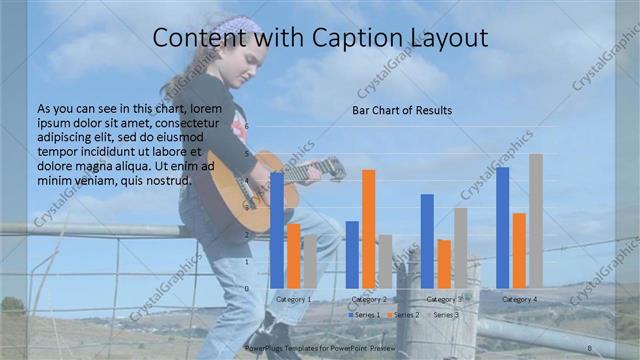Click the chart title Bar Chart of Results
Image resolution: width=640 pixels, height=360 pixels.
(x=401, y=110)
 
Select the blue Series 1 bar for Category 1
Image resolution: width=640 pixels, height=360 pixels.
(x=277, y=229)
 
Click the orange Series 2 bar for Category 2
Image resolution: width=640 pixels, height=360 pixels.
(x=369, y=228)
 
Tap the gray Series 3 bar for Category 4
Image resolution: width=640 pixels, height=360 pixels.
(x=536, y=220)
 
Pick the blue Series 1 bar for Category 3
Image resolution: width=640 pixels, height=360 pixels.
(x=427, y=240)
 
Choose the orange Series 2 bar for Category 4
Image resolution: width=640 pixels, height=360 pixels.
(x=519, y=250)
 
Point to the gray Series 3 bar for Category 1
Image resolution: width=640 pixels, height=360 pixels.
(x=310, y=261)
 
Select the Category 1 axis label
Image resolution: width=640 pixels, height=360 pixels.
(x=294, y=299)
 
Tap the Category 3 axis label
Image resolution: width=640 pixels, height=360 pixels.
(x=444, y=299)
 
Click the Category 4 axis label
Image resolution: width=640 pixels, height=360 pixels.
(x=519, y=299)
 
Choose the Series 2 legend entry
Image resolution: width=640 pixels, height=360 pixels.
(x=404, y=315)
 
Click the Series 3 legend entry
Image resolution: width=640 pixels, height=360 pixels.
(x=444, y=315)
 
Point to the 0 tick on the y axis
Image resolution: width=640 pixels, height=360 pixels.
(x=248, y=288)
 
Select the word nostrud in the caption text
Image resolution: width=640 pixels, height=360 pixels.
(x=165, y=181)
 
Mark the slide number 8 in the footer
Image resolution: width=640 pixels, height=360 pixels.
(x=590, y=348)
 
